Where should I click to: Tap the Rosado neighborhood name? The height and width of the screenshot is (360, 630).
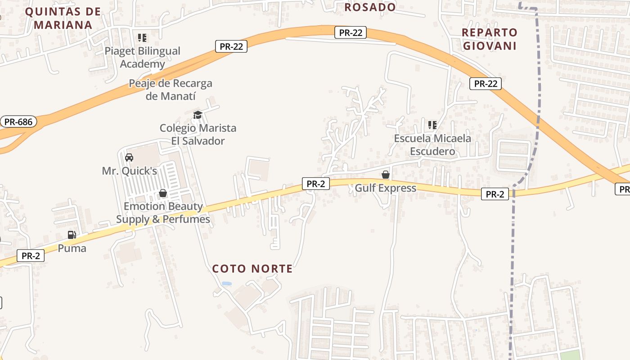pos(370,7)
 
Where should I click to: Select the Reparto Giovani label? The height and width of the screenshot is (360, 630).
pos(490,39)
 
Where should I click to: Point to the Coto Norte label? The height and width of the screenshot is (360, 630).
pos(252,269)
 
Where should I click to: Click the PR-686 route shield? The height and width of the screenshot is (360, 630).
pos(18,121)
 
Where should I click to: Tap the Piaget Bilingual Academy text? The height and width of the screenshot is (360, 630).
pos(142,57)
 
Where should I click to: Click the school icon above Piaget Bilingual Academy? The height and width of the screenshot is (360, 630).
pos(142,38)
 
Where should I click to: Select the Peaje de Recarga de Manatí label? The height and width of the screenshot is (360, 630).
pos(171,90)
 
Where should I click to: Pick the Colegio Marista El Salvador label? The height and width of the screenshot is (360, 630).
pos(198,134)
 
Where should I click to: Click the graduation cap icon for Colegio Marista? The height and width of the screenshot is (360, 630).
pos(198,114)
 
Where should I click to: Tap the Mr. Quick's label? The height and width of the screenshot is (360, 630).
pos(129,171)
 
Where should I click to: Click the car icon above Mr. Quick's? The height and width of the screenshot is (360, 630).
pos(129,157)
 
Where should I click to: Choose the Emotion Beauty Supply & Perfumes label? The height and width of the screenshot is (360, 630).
pos(163,213)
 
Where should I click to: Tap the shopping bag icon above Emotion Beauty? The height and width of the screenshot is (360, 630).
pos(163,193)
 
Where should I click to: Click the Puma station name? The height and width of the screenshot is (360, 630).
pos(72,248)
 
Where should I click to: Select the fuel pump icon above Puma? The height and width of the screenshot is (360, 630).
pos(72,234)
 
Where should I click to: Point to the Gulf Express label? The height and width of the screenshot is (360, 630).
pos(386,188)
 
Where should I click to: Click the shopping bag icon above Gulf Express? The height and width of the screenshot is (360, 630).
pos(386,175)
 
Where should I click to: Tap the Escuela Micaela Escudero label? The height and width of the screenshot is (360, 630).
pos(432,144)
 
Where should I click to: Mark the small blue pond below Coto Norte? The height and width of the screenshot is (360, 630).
pos(227,283)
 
